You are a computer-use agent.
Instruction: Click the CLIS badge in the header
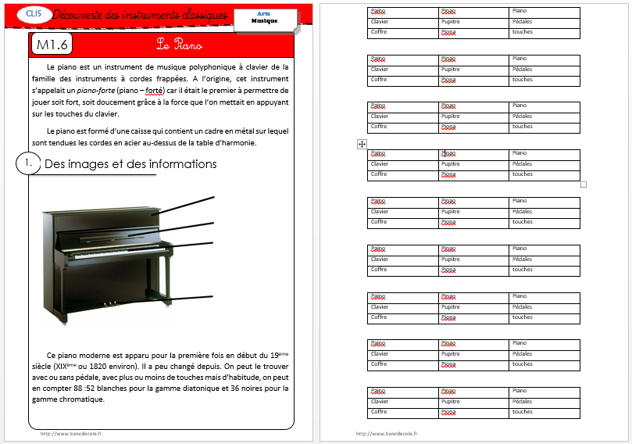coord(33,13)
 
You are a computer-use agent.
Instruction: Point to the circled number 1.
coord(27,163)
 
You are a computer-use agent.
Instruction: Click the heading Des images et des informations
coord(130,164)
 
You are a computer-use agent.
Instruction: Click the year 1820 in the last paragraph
coord(123,365)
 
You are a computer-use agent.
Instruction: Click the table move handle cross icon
coord(362,145)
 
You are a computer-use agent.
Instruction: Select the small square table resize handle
coord(583,184)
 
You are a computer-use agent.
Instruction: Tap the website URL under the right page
coord(386,433)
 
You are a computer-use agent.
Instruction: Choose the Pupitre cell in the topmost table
coord(451,22)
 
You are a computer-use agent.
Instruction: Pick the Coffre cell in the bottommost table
coord(379,412)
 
